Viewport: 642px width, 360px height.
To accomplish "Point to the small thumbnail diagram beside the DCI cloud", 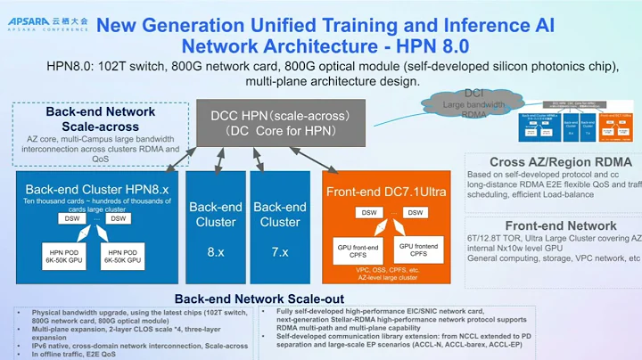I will (x=572, y=125).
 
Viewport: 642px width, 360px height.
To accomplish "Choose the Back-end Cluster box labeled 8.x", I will (x=215, y=227).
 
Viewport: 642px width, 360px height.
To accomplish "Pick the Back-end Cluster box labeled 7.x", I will (x=280, y=227).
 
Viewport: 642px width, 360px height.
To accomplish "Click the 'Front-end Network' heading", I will (x=560, y=225).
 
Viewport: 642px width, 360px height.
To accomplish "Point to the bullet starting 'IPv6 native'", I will (x=133, y=344).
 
